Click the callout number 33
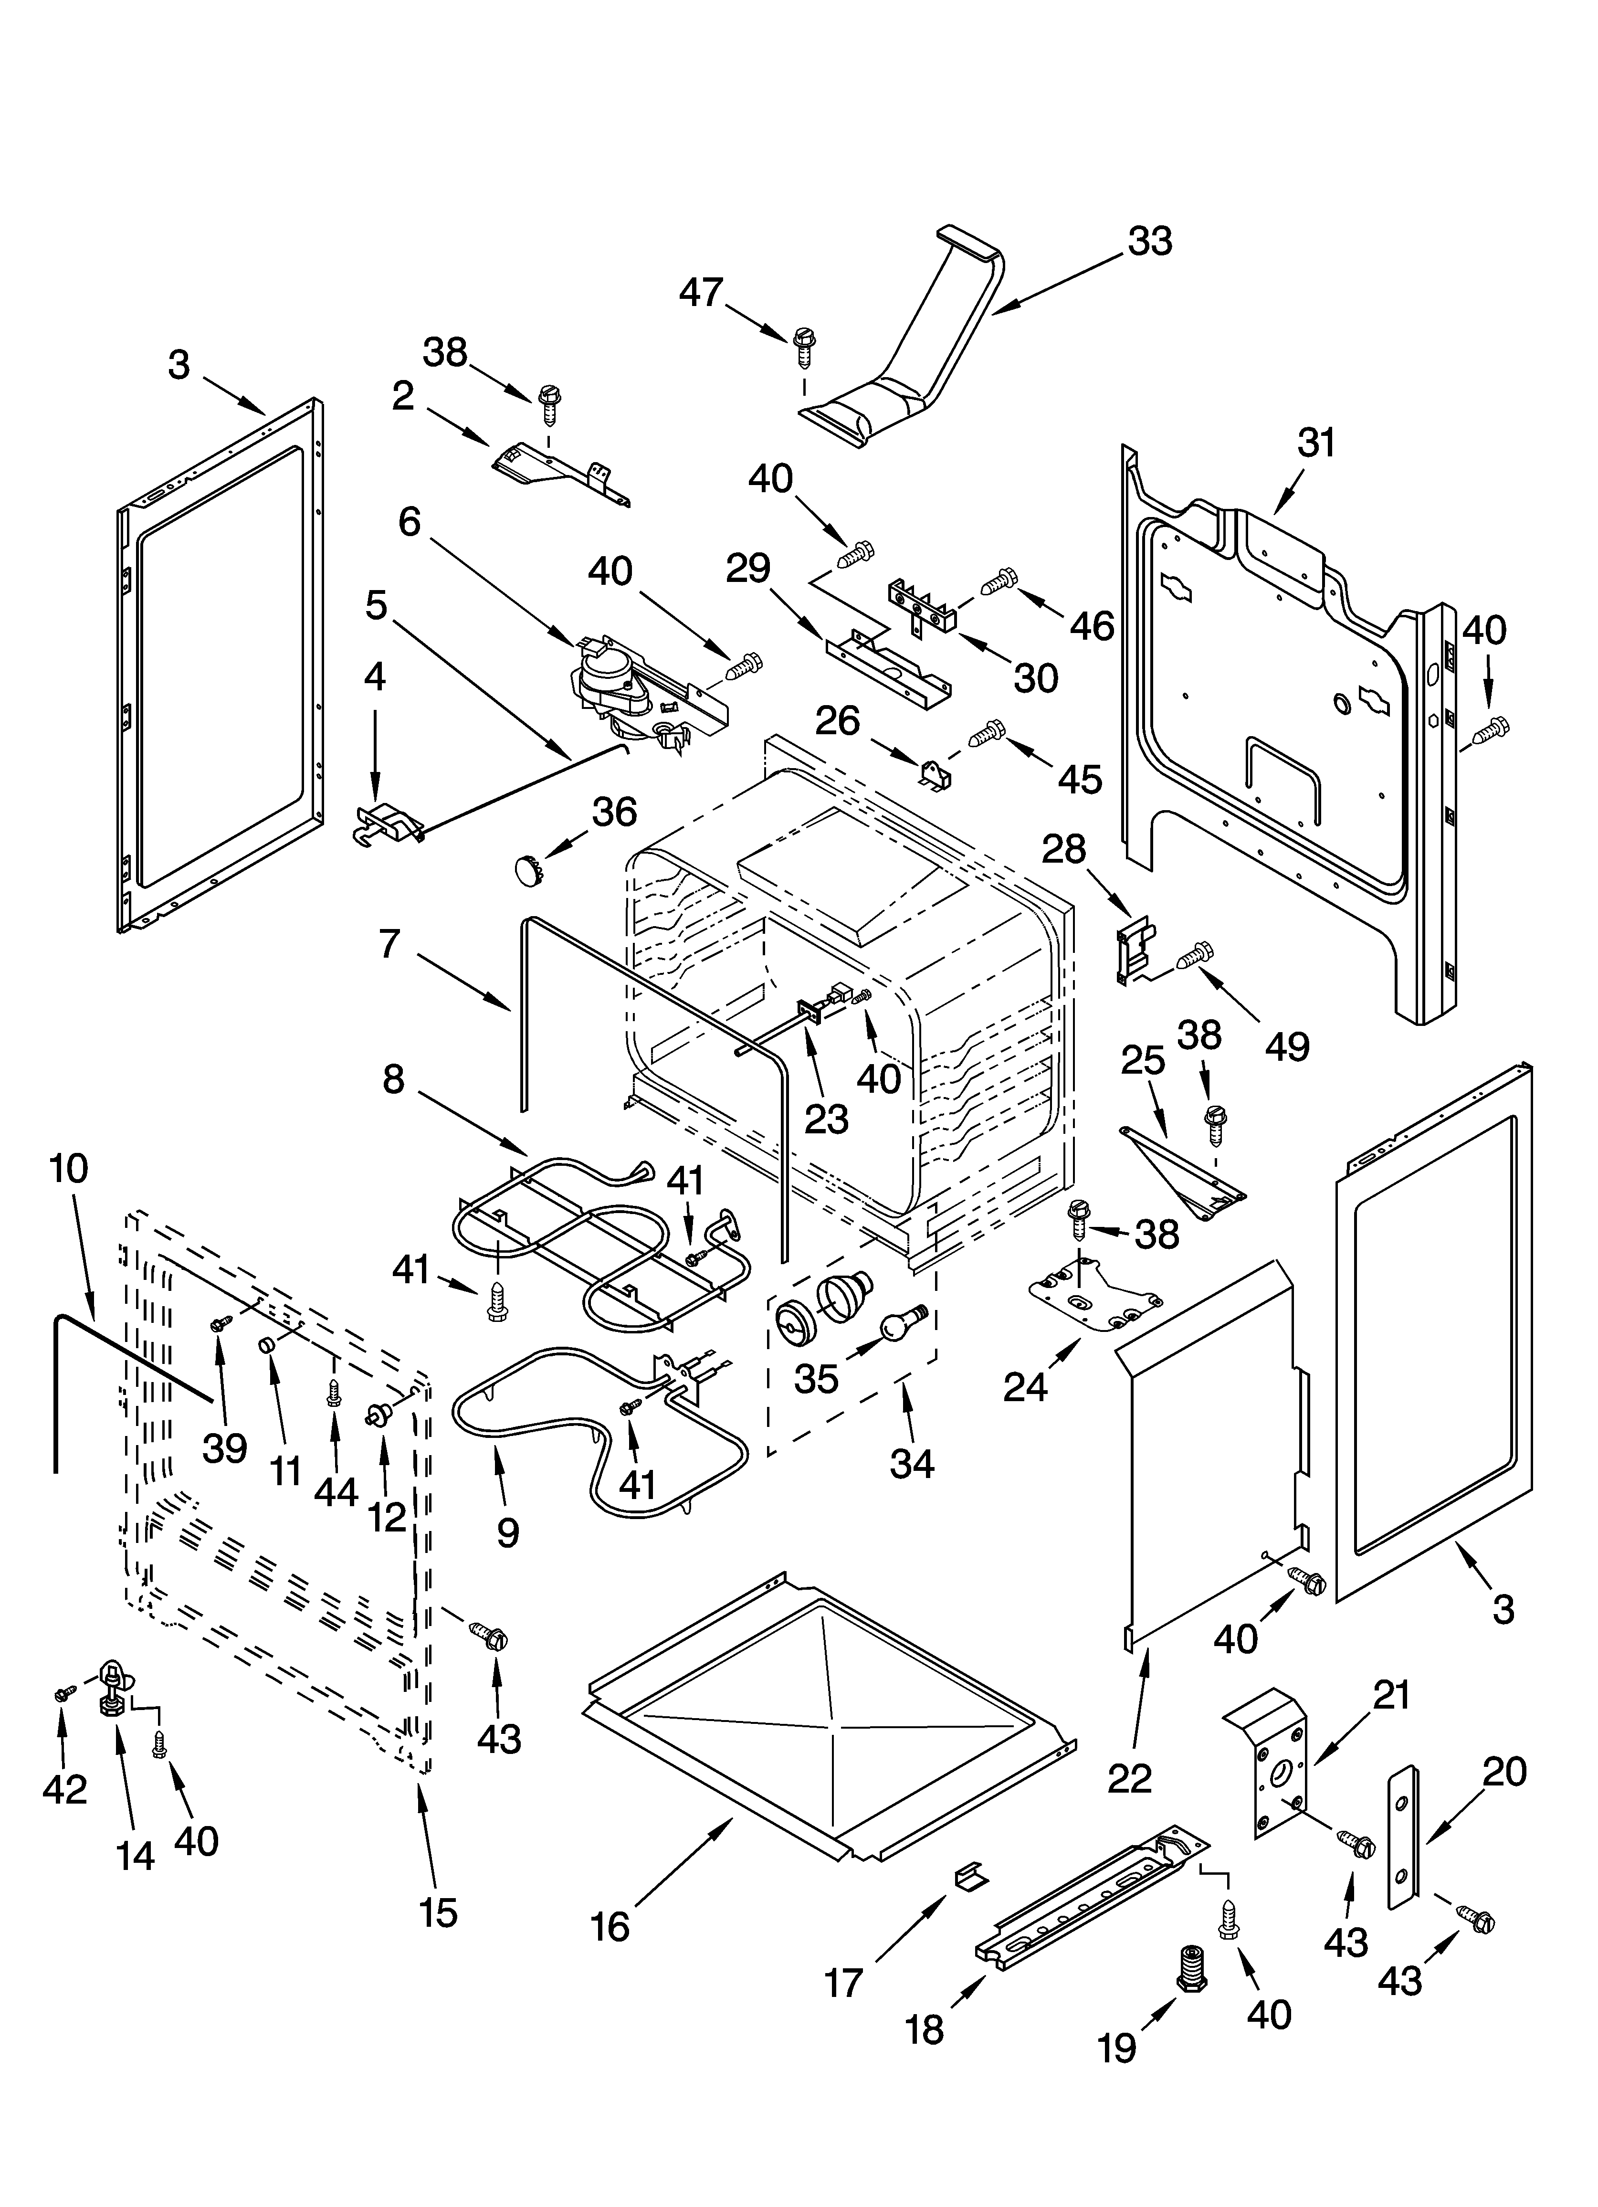click(1149, 242)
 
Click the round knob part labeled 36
click(526, 868)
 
